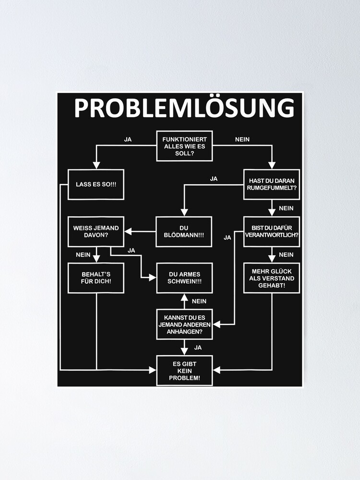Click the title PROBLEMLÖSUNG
coord(184,109)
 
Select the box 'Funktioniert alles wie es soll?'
coord(184,146)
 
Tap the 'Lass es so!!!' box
coord(96,184)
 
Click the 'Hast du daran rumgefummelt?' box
coord(272,184)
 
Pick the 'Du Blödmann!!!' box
coord(184,232)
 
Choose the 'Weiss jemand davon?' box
coord(96,232)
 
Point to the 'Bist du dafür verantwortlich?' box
coord(272,232)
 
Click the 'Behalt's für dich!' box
coord(96,278)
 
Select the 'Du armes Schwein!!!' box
coord(184,278)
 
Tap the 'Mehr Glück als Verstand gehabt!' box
coord(272,278)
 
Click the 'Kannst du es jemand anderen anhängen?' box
coord(184,324)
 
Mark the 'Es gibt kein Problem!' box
coord(184,370)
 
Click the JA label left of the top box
coord(128,140)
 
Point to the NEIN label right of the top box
coord(242,140)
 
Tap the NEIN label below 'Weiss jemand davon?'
coord(83,255)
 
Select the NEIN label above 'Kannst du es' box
coord(199,301)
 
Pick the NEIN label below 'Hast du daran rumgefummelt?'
coord(286,208)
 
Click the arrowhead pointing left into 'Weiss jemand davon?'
coord(128,232)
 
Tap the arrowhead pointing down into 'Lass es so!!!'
coord(96,166)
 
